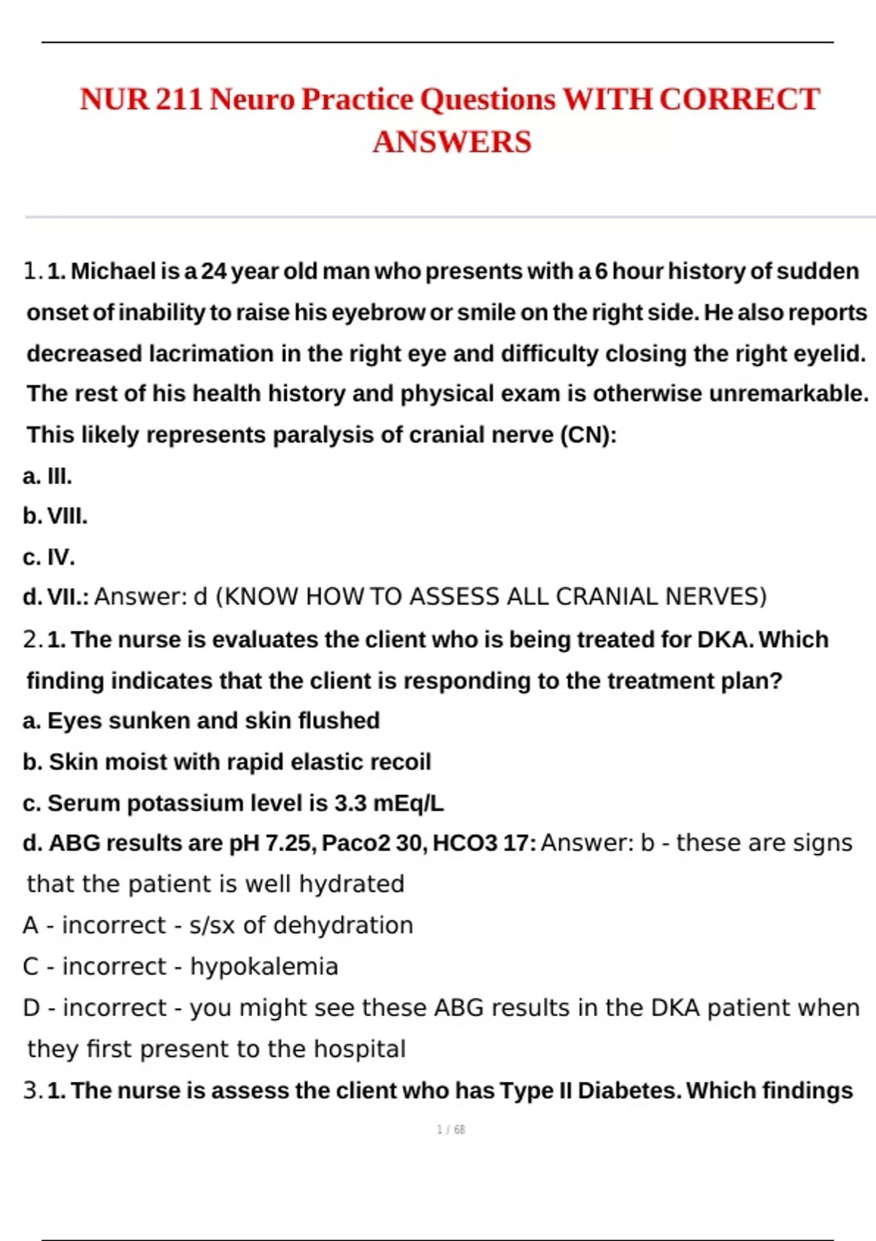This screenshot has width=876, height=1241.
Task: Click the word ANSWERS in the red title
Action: tap(452, 142)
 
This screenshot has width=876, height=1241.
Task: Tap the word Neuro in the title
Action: tap(252, 99)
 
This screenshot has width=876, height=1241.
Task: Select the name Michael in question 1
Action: tap(113, 272)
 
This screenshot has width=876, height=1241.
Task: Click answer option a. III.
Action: tap(47, 477)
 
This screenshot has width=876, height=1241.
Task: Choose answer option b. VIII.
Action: tap(55, 516)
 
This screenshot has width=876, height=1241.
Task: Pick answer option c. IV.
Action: tap(49, 557)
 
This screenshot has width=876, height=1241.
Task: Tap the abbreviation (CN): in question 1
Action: tap(588, 435)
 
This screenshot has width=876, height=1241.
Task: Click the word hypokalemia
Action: tap(264, 967)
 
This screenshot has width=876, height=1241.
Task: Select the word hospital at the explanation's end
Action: tap(359, 1049)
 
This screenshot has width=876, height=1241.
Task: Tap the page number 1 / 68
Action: tap(450, 1129)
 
